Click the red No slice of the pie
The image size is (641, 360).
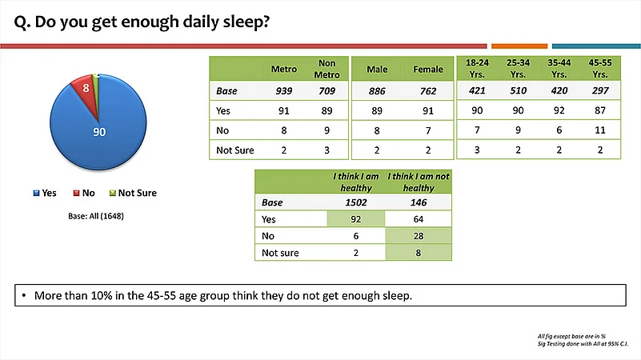86,90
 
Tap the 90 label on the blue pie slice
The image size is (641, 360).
99,132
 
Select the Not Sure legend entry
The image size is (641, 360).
133,193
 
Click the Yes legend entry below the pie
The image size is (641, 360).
45,193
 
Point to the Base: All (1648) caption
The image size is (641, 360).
96,216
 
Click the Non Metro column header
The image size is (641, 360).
327,69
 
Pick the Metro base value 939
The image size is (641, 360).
284,90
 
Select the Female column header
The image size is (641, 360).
428,69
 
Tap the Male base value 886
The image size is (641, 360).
377,90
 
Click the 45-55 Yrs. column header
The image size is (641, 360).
600,68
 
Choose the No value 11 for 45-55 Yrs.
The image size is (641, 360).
600,130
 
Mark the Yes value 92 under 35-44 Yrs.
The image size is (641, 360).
559,110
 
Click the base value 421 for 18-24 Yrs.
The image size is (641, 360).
477,90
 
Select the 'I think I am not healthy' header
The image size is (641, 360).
419,182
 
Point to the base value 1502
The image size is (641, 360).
356,202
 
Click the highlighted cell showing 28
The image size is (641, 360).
419,236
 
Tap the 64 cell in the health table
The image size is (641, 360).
419,219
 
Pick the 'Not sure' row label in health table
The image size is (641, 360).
280,253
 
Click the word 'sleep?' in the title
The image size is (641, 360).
246,22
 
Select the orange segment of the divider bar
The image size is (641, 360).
519,46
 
